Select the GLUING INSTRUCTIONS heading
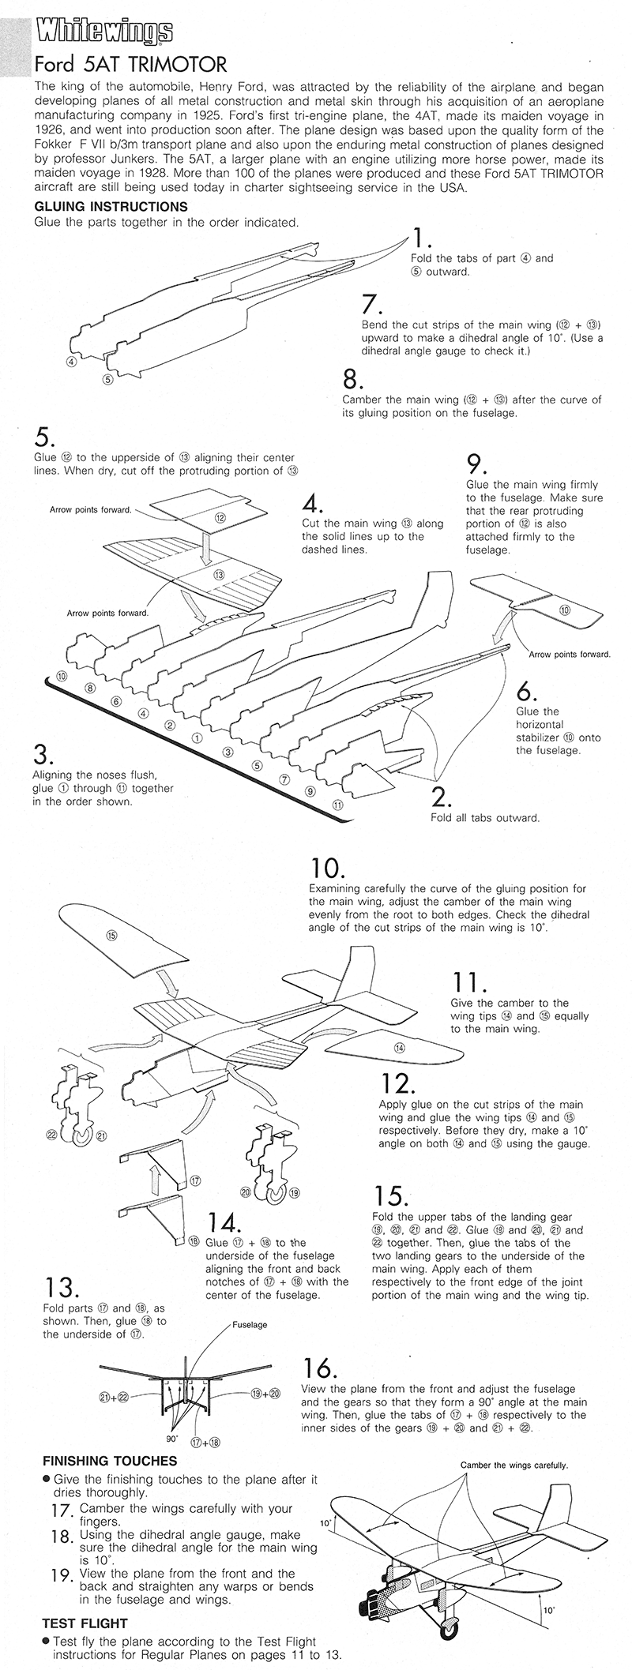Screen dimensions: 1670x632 pyautogui.click(x=111, y=206)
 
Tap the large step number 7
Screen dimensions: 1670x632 pyautogui.click(x=371, y=305)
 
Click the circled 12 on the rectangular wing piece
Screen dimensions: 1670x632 pyautogui.click(x=220, y=518)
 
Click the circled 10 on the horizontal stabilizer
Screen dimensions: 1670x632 pyautogui.click(x=563, y=610)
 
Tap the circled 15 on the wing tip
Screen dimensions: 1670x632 pyautogui.click(x=111, y=935)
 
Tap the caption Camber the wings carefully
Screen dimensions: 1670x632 pyautogui.click(x=514, y=1465)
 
